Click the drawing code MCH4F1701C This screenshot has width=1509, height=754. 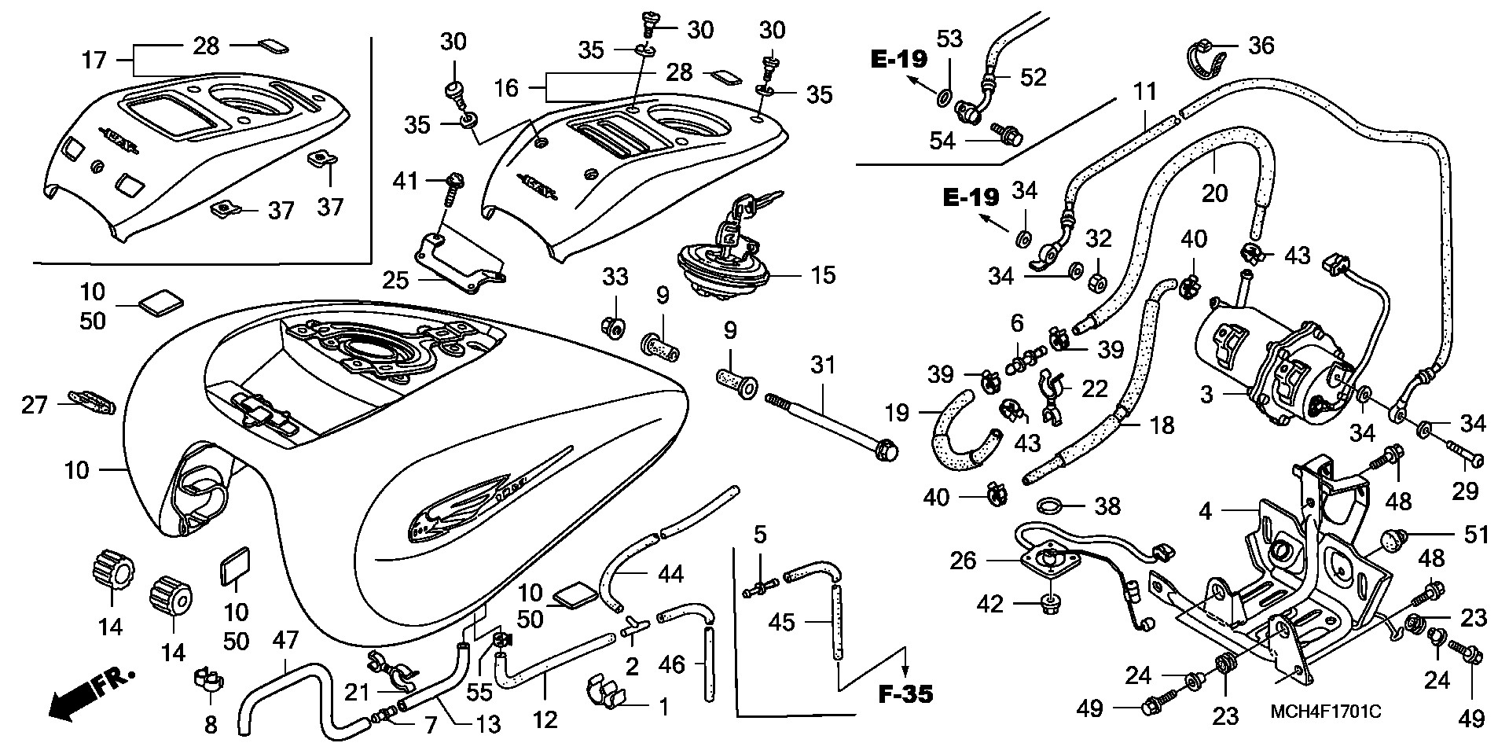(1326, 712)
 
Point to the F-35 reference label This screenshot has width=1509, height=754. (905, 695)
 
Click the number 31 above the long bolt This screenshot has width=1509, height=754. (822, 366)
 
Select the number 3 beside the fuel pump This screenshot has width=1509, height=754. (1207, 394)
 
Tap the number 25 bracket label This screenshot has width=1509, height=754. (396, 279)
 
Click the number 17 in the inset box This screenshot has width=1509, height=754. (94, 60)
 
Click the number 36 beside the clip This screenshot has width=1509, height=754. (1261, 45)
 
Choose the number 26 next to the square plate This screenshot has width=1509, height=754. (964, 560)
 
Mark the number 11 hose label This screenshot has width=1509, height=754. (1145, 92)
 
